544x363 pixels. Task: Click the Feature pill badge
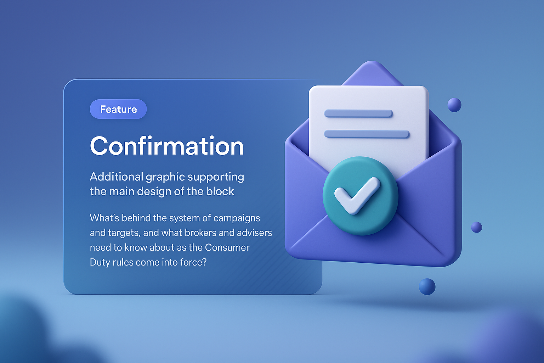tap(118, 109)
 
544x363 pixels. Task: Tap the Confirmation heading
tap(167, 146)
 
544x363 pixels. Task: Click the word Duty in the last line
tap(100, 263)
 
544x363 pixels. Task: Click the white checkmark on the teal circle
tap(357, 195)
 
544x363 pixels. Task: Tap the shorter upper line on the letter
tap(358, 113)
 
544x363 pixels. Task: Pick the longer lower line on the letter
tap(367, 134)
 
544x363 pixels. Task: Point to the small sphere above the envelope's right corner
tap(454, 105)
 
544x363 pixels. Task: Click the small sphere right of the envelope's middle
tap(476, 227)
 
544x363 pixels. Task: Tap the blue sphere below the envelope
tap(427, 286)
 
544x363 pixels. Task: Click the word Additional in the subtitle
tap(116, 177)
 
